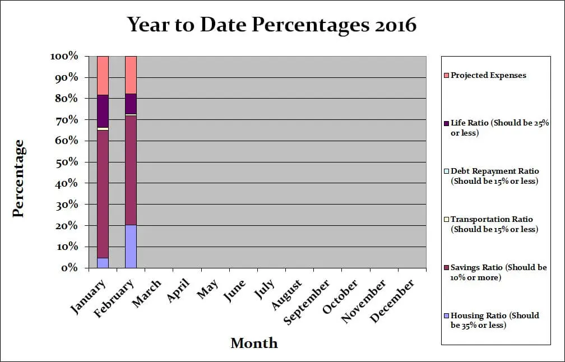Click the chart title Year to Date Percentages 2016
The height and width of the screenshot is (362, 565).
[272, 25]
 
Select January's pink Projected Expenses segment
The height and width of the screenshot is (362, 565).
[103, 75]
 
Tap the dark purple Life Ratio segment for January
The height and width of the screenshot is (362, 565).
[103, 111]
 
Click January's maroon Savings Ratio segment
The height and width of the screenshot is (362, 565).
[103, 193]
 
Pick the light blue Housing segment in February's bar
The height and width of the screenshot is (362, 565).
[131, 246]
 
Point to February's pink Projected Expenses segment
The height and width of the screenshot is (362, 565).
[131, 75]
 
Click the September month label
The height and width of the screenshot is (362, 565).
[307, 302]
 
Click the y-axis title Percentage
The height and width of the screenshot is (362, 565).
[18, 178]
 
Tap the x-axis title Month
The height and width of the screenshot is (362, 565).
[254, 343]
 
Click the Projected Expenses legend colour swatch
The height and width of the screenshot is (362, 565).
[446, 75]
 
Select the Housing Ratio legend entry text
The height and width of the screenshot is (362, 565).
[494, 320]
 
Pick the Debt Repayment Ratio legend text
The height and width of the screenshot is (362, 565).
[494, 176]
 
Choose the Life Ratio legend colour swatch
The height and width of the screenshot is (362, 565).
[446, 123]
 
